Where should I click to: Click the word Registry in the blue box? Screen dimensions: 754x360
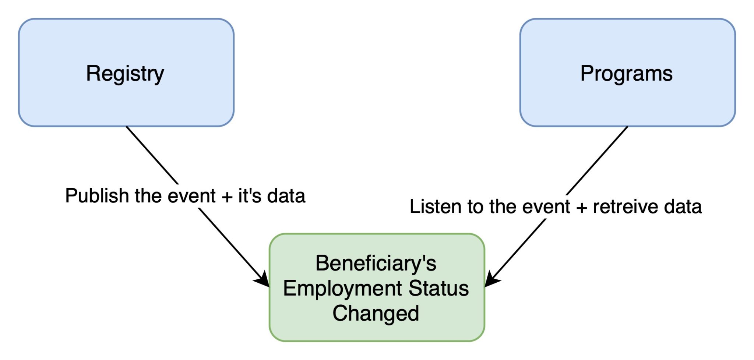point(125,74)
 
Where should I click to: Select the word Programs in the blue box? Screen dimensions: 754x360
point(626,73)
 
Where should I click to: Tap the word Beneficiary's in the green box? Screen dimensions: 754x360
point(376,264)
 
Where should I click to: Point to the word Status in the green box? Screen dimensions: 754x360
point(438,288)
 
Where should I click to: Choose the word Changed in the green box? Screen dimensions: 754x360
point(376,313)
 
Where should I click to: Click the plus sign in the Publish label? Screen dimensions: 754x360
point(227,197)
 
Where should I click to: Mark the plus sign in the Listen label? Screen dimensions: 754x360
point(582,208)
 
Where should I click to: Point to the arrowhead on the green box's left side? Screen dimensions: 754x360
point(263,280)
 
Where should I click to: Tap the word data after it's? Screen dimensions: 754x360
point(286,195)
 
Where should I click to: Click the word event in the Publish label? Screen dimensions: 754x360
point(191,196)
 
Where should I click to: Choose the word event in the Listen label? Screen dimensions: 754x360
point(546,207)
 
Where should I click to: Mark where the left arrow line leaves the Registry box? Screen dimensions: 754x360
point(126,127)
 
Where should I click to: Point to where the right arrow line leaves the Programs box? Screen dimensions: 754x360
point(627,127)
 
